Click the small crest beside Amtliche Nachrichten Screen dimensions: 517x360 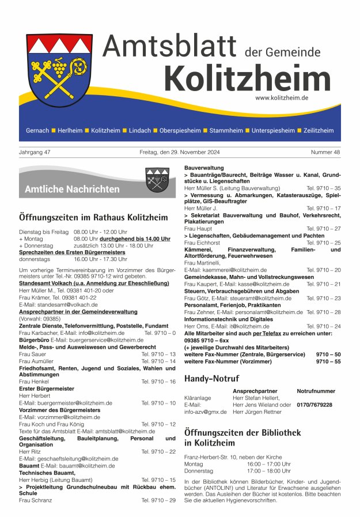coord(157,180)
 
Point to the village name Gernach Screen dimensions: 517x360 coord(37,131)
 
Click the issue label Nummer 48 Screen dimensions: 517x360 coord(326,152)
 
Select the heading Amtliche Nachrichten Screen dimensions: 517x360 coord(72,189)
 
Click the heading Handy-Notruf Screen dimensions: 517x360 coord(211,379)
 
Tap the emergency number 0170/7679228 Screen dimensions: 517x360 coord(314,405)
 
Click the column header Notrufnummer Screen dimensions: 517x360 coord(316,391)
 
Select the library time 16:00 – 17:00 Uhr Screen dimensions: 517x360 coord(269,463)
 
